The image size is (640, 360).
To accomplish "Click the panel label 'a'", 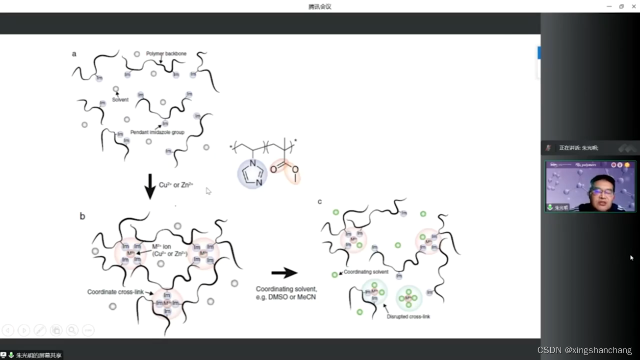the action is click(74, 54).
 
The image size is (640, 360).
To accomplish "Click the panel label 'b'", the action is click(82, 216).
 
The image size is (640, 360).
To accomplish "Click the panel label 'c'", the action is click(320, 202).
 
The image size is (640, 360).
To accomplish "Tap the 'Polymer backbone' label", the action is click(166, 53).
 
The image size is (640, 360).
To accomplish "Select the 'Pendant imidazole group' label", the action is click(157, 132).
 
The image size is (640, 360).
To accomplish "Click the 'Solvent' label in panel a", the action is click(120, 100).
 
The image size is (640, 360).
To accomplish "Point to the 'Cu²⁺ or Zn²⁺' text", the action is click(176, 185).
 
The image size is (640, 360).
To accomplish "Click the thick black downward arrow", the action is click(150, 186).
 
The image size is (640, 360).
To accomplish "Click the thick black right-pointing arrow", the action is click(284, 273).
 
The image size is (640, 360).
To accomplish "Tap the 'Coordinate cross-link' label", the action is click(115, 292).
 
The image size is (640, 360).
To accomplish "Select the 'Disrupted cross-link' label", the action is click(408, 317).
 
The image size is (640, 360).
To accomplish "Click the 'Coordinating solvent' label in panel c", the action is click(366, 272).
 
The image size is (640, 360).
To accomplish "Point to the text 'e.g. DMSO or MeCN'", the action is click(286, 297).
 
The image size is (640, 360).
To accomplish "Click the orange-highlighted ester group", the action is click(285, 171).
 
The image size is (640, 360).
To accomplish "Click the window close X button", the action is click(634, 6).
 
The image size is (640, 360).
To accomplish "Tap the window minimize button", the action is click(609, 6).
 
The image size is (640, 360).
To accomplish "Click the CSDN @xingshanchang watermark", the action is click(585, 350).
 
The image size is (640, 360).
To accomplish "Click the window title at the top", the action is click(320, 6).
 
